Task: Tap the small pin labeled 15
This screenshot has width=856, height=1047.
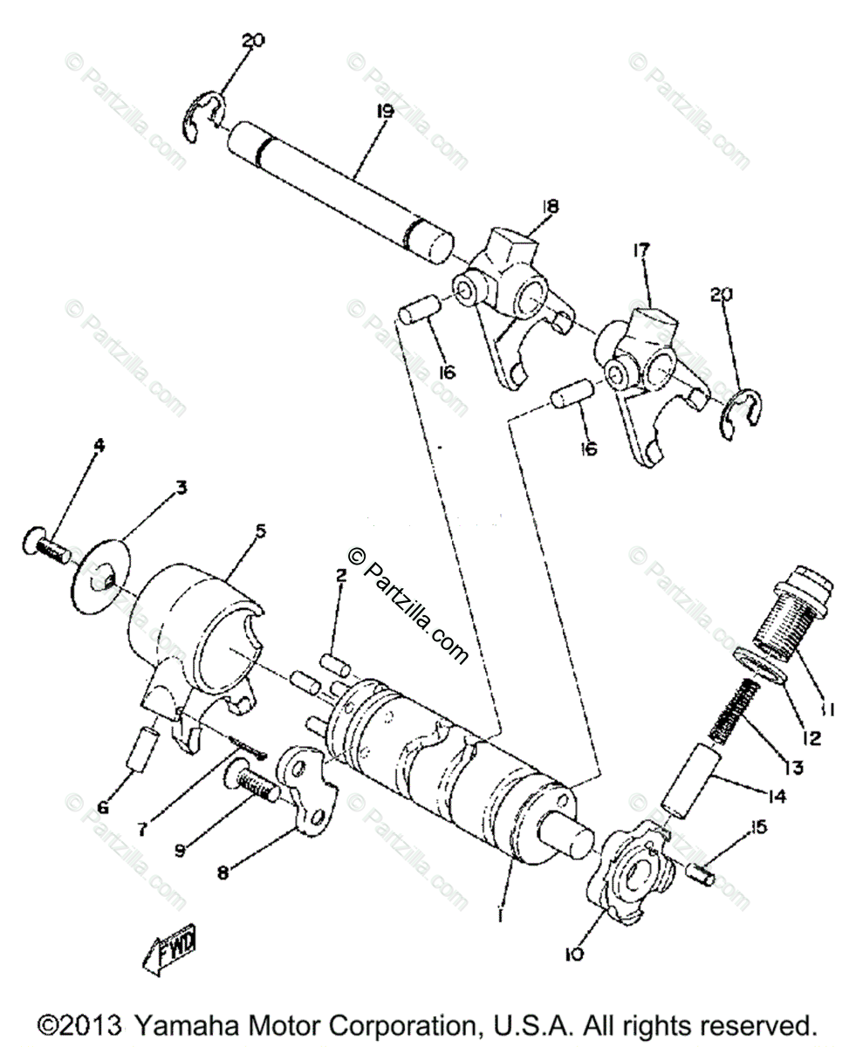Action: (x=702, y=873)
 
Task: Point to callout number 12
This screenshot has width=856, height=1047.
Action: (x=812, y=737)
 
